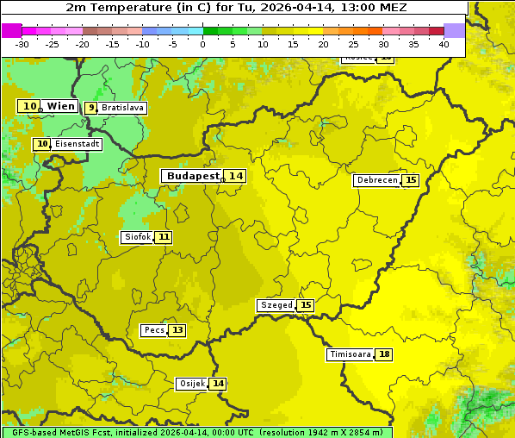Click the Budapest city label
pyautogui.click(x=192, y=176)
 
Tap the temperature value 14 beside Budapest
pyautogui.click(x=236, y=176)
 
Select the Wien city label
pyautogui.click(x=61, y=106)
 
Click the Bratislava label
pyautogui.click(x=121, y=108)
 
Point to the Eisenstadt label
pyautogui.click(x=78, y=144)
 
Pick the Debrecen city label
pyautogui.click(x=376, y=180)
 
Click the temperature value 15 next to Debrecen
pyautogui.click(x=411, y=180)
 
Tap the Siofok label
pyautogui.click(x=137, y=237)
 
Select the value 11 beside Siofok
pyautogui.click(x=164, y=237)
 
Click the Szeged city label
pyautogui.click(x=276, y=305)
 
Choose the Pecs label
pyautogui.click(x=154, y=330)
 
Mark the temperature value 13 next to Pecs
pyautogui.click(x=177, y=330)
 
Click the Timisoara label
pyautogui.click(x=350, y=354)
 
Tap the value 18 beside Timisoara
pyautogui.click(x=383, y=354)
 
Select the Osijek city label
pyautogui.click(x=192, y=384)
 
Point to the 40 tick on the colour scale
pyautogui.click(x=444, y=43)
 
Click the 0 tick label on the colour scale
pyautogui.click(x=202, y=43)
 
